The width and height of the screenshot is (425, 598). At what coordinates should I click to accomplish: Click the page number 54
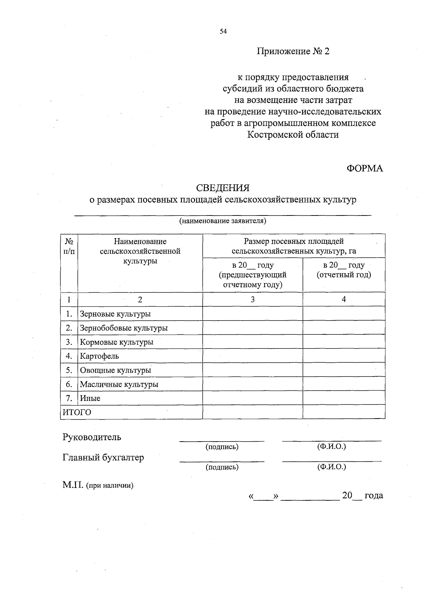pyautogui.click(x=223, y=31)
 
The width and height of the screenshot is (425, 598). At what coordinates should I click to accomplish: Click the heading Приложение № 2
pyautogui.click(x=293, y=52)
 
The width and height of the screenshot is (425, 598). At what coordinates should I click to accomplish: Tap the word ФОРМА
pyautogui.click(x=365, y=168)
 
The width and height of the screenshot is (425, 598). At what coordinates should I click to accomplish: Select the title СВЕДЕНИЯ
pyautogui.click(x=223, y=188)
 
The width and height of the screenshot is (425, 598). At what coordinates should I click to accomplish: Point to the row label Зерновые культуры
pyautogui.click(x=115, y=314)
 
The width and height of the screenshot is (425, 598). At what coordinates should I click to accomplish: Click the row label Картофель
pyautogui.click(x=99, y=356)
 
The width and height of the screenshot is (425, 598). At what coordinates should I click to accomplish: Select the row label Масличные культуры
pyautogui.click(x=119, y=384)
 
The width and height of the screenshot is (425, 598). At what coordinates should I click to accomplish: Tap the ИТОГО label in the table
pyautogui.click(x=77, y=412)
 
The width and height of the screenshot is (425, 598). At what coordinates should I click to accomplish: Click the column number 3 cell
pyautogui.click(x=253, y=299)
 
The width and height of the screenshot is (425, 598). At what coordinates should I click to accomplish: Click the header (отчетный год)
pyautogui.click(x=344, y=275)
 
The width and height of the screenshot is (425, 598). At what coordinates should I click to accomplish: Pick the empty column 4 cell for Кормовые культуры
pyautogui.click(x=344, y=342)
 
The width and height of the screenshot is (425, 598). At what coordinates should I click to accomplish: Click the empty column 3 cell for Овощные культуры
pyautogui.click(x=253, y=370)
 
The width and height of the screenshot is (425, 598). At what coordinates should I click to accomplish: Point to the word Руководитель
pyautogui.click(x=92, y=437)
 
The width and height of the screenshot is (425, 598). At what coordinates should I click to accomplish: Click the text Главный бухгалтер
pyautogui.click(x=103, y=458)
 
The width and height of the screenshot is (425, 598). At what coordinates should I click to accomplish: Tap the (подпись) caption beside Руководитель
pyautogui.click(x=222, y=447)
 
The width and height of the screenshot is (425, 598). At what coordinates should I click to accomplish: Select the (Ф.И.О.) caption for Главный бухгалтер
pyautogui.click(x=331, y=467)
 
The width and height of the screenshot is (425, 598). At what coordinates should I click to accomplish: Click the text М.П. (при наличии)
pyautogui.click(x=98, y=485)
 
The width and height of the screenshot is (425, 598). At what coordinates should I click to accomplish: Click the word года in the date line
pyautogui.click(x=374, y=495)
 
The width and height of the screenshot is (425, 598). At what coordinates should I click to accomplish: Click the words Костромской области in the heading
pyautogui.click(x=293, y=135)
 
